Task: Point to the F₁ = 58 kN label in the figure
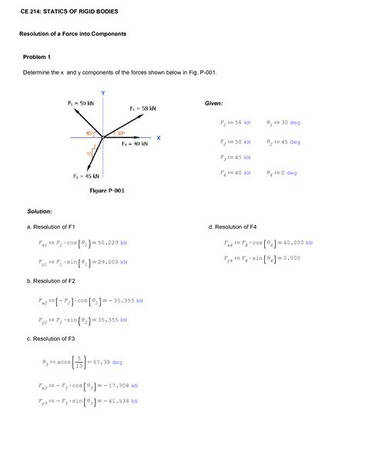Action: (142, 109)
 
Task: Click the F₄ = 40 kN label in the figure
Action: (136, 143)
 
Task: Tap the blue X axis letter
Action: (158, 138)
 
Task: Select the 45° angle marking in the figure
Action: (90, 133)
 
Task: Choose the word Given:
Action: (213, 102)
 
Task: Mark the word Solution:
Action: (39, 210)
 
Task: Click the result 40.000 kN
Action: (296, 243)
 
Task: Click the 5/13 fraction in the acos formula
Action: (78, 361)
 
